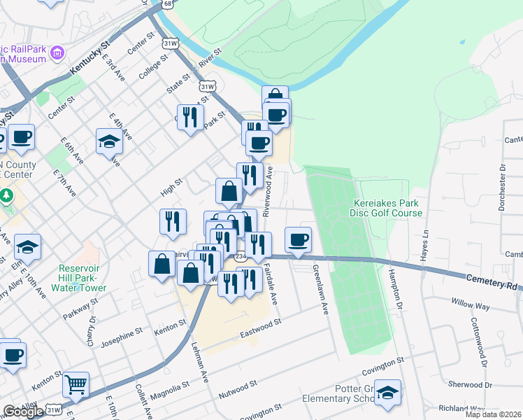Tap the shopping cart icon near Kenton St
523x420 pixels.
coord(76,384)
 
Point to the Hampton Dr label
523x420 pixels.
coord(396,290)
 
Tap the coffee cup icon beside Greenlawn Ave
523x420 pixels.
coord(299,239)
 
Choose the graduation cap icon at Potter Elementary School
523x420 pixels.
coord(387,393)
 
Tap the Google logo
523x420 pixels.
coord(23,412)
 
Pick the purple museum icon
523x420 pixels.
coord(57,52)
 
